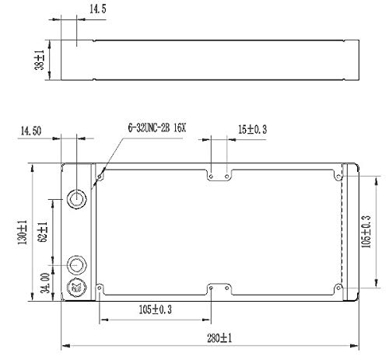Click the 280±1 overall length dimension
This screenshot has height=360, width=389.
pyautogui.click(x=219, y=338)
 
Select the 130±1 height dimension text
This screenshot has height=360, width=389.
pyautogui.click(x=23, y=232)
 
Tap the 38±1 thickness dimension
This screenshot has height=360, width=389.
pyautogui.click(x=40, y=60)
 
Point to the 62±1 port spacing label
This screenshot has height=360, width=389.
pyautogui.click(x=43, y=232)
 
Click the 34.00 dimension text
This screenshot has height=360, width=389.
pyautogui.click(x=45, y=283)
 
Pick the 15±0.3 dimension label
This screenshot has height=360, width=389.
pyautogui.click(x=252, y=129)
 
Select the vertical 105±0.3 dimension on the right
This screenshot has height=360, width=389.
pyautogui.click(x=366, y=232)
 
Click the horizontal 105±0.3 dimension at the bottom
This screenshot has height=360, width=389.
pyautogui.click(x=156, y=309)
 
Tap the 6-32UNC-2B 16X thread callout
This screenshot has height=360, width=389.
pyautogui.click(x=157, y=128)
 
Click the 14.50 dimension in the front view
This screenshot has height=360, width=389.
pyautogui.click(x=31, y=131)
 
